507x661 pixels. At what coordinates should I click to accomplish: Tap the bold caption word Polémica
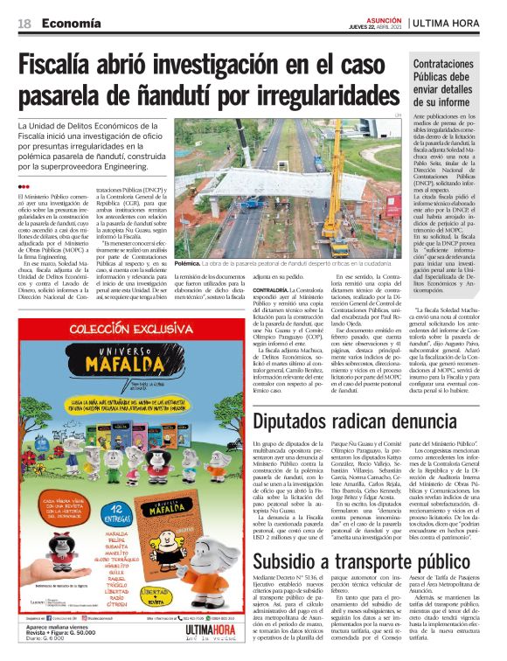[x=187, y=261]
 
